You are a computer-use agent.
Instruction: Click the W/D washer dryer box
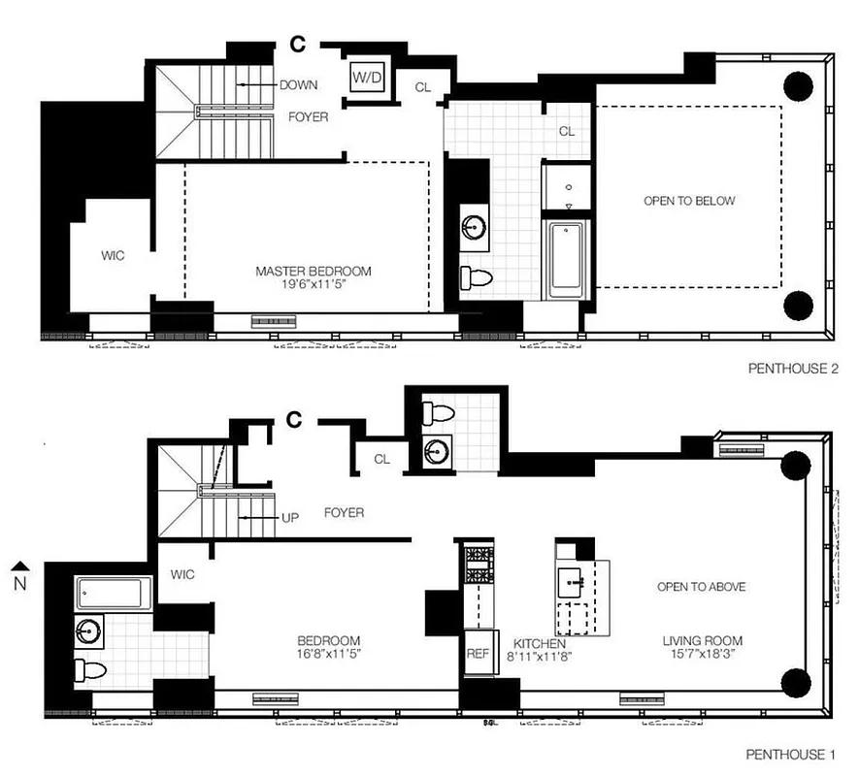coord(367,77)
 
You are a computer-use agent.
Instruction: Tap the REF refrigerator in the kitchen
coord(478,654)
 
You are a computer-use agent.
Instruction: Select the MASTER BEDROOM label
coord(313,272)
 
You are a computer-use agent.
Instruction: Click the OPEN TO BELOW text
coord(689,201)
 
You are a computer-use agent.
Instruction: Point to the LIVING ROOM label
coord(703,641)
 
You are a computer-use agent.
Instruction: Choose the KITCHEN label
coord(539,643)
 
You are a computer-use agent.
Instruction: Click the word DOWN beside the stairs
coord(298,85)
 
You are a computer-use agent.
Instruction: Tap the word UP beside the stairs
coord(289,518)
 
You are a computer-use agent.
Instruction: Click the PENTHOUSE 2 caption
coord(792,369)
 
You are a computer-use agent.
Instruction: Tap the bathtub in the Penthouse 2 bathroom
coord(566,260)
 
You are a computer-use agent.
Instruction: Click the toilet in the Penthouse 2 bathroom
coord(477,278)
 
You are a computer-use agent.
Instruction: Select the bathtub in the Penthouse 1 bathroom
coord(114,592)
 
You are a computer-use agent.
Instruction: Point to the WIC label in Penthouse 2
coord(114,256)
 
